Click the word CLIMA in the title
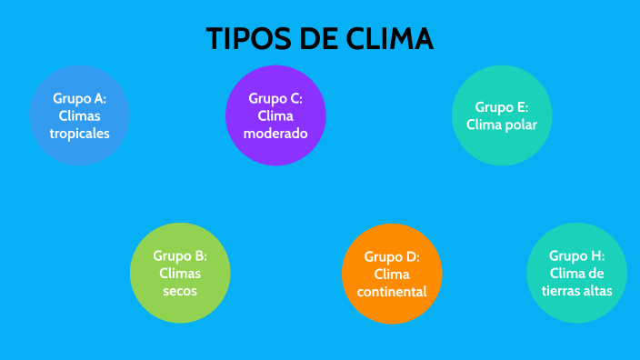390,39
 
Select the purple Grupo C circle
275,115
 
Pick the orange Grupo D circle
392,274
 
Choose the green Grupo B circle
180,273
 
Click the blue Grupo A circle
80,115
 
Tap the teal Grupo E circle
502,115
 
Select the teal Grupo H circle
576,273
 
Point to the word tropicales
80,133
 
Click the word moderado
275,133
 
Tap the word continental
392,291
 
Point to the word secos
180,291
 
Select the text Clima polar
502,125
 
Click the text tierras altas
576,291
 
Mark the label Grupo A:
80,98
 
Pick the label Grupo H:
576,255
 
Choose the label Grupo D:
392,256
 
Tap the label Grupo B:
180,255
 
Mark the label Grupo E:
502,106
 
